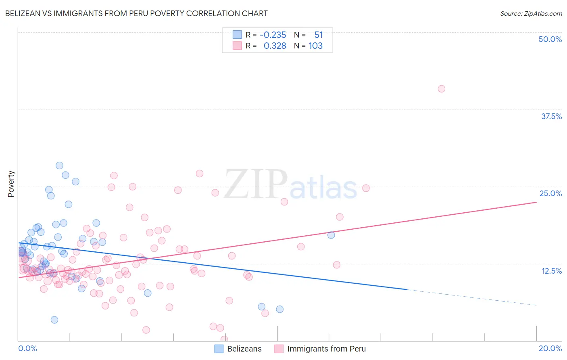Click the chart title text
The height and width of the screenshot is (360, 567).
click(x=136, y=13)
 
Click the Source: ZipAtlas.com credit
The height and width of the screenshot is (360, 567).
click(x=531, y=13)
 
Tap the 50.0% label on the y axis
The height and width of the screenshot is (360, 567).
click(x=550, y=39)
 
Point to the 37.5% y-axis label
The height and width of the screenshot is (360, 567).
click(x=551, y=116)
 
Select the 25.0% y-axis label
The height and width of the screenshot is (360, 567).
click(x=550, y=193)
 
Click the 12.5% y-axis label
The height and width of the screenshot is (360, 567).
click(x=551, y=271)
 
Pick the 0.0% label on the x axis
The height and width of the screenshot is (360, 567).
click(x=27, y=348)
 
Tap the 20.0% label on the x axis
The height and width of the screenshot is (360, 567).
click(x=550, y=348)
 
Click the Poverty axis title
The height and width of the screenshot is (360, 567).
click(x=11, y=184)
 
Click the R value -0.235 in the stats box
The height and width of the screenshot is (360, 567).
click(x=273, y=35)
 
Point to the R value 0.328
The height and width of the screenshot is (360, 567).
click(x=275, y=46)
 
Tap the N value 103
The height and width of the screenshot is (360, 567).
click(x=315, y=46)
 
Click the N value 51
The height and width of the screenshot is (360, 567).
click(x=319, y=35)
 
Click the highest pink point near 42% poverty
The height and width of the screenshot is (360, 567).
click(x=442, y=89)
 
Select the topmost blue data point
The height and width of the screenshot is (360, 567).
click(x=59, y=165)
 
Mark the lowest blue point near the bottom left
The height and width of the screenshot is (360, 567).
click(x=54, y=320)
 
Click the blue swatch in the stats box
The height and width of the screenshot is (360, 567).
click(x=237, y=35)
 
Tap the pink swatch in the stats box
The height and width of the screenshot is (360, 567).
click(x=237, y=46)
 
